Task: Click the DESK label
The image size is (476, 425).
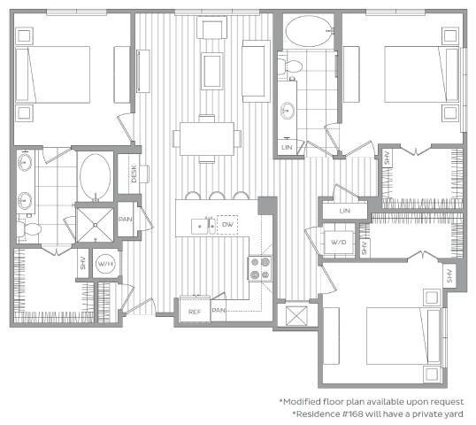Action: click(x=133, y=174)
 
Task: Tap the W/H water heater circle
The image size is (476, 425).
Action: click(x=106, y=264)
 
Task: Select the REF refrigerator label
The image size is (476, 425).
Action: click(x=194, y=311)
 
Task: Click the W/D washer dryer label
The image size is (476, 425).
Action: click(x=339, y=241)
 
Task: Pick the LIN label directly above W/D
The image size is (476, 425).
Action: click(x=345, y=212)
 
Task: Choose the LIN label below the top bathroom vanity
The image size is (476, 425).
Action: click(x=288, y=146)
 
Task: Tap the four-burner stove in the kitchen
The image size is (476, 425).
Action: click(x=260, y=267)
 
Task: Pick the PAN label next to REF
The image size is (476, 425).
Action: click(x=219, y=311)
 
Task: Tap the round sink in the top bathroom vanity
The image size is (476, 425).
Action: click(x=288, y=111)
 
